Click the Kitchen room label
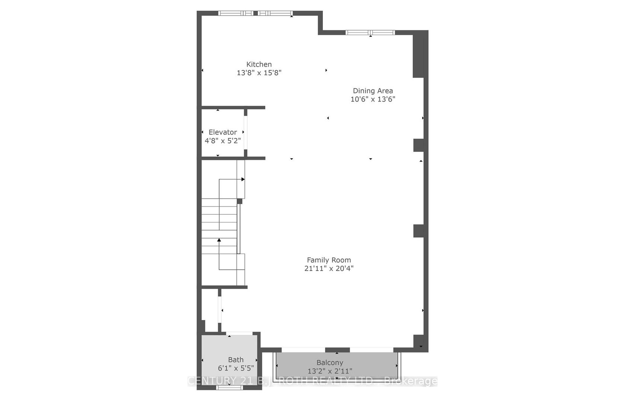tap(259, 64)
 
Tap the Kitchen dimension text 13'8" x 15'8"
tap(259, 73)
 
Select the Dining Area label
tap(373, 91)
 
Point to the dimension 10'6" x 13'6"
tap(373, 99)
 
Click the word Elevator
tap(222, 132)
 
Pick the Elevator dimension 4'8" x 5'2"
tap(222, 141)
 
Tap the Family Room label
tap(329, 260)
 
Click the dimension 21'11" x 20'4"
tap(329, 269)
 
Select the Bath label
tap(236, 360)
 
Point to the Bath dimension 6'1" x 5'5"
tap(236, 368)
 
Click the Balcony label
tap(330, 362)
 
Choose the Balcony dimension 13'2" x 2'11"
tap(330, 371)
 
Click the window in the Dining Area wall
tap(370, 32)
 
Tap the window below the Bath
tap(230, 387)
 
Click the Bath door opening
tap(239, 333)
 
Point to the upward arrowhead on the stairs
tap(219, 240)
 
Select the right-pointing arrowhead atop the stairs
tap(243, 179)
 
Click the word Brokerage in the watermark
tap(411, 381)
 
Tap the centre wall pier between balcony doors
tap(337, 350)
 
